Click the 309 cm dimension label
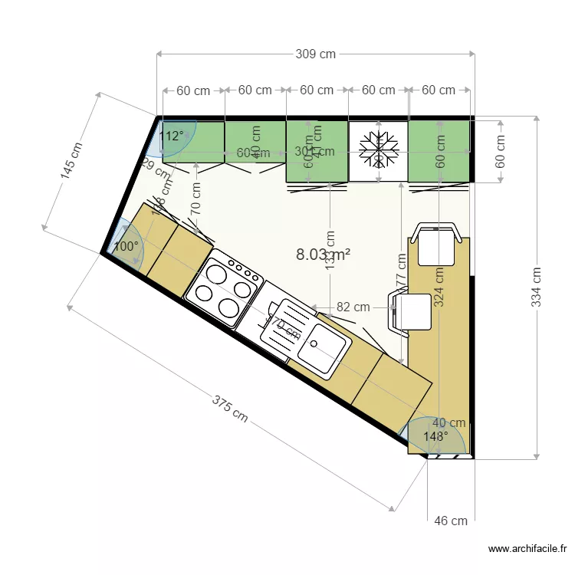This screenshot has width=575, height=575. pos(315,54)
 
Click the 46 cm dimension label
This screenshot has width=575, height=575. pos(451,521)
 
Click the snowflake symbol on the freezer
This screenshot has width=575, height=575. pos(379,149)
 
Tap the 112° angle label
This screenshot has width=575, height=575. pos(171,136)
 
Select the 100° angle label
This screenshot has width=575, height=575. pos(126,247)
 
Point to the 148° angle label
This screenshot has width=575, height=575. pos(435,436)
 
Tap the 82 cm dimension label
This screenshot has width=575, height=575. pos(353,307)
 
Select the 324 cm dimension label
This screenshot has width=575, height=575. pos(439,286)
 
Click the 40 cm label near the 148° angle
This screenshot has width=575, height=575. pos(449,422)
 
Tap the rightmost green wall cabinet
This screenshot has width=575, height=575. pos(439,150)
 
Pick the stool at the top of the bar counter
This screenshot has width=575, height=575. pos(437,242)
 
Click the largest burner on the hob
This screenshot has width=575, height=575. pos(229,308)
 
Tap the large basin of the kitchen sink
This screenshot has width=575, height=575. pos(320,347)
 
